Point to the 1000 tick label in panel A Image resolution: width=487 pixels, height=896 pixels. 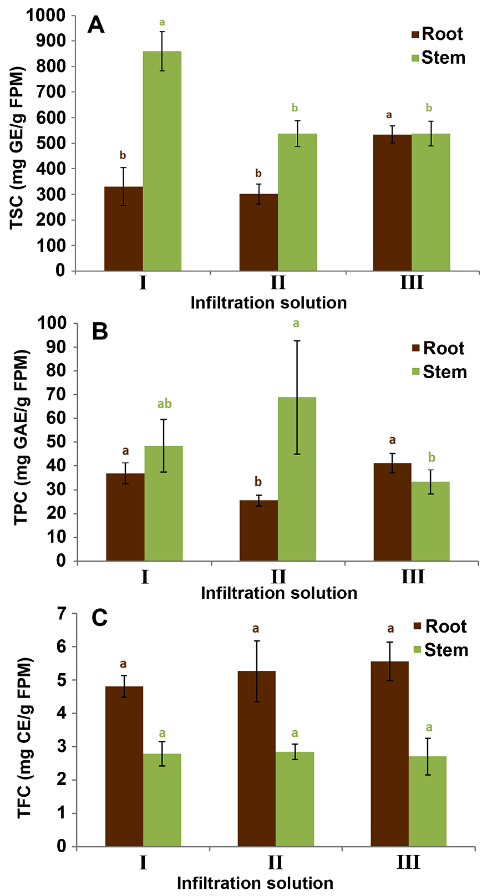tap(46, 16)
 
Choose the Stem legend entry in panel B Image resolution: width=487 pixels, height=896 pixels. tap(439, 372)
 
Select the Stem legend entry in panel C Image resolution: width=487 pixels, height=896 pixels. tap(440, 650)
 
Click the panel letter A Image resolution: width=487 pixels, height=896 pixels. tap(96, 26)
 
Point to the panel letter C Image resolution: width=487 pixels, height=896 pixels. tap(99, 618)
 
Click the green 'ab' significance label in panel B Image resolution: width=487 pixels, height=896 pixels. tap(164, 404)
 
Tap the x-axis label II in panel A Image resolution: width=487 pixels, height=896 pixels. tap(278, 283)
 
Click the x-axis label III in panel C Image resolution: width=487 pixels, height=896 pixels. tap(408, 863)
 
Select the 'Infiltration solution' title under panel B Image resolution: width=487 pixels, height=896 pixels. tap(278, 593)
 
